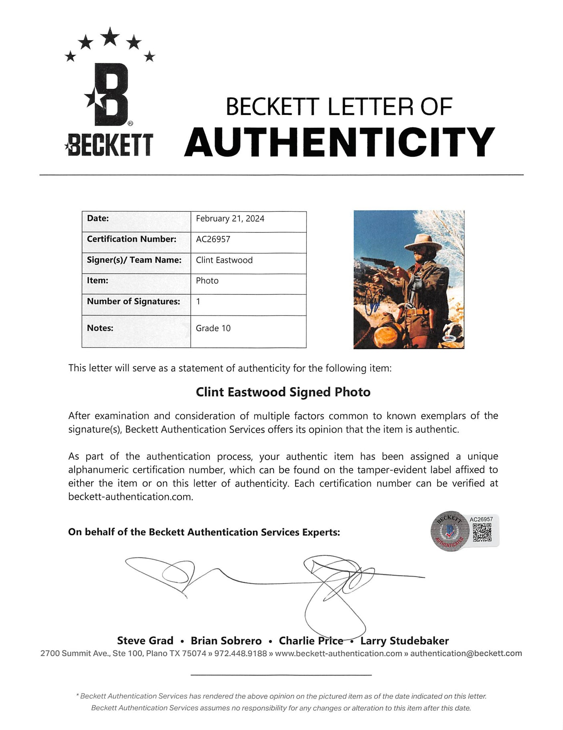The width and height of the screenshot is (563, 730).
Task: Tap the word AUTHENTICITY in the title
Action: point(340,142)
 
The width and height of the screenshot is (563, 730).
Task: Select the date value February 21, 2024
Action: point(230,219)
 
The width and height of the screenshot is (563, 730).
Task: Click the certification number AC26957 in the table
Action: point(213,239)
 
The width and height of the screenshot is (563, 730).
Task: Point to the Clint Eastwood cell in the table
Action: point(224,260)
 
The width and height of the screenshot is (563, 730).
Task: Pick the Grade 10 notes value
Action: point(213,328)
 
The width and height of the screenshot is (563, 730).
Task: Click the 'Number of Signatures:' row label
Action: point(133,302)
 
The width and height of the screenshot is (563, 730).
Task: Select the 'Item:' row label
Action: point(97,281)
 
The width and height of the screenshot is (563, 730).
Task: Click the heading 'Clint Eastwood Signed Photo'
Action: point(283,392)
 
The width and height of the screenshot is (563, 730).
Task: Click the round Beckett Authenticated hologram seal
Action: point(450,531)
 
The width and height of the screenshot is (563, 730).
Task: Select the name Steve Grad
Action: point(145,641)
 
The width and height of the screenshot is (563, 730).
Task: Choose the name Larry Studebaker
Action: point(404,641)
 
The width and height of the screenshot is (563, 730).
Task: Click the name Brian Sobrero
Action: point(226,641)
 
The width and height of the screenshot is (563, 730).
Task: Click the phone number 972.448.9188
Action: point(241,654)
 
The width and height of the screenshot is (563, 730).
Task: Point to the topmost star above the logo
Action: point(110,36)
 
